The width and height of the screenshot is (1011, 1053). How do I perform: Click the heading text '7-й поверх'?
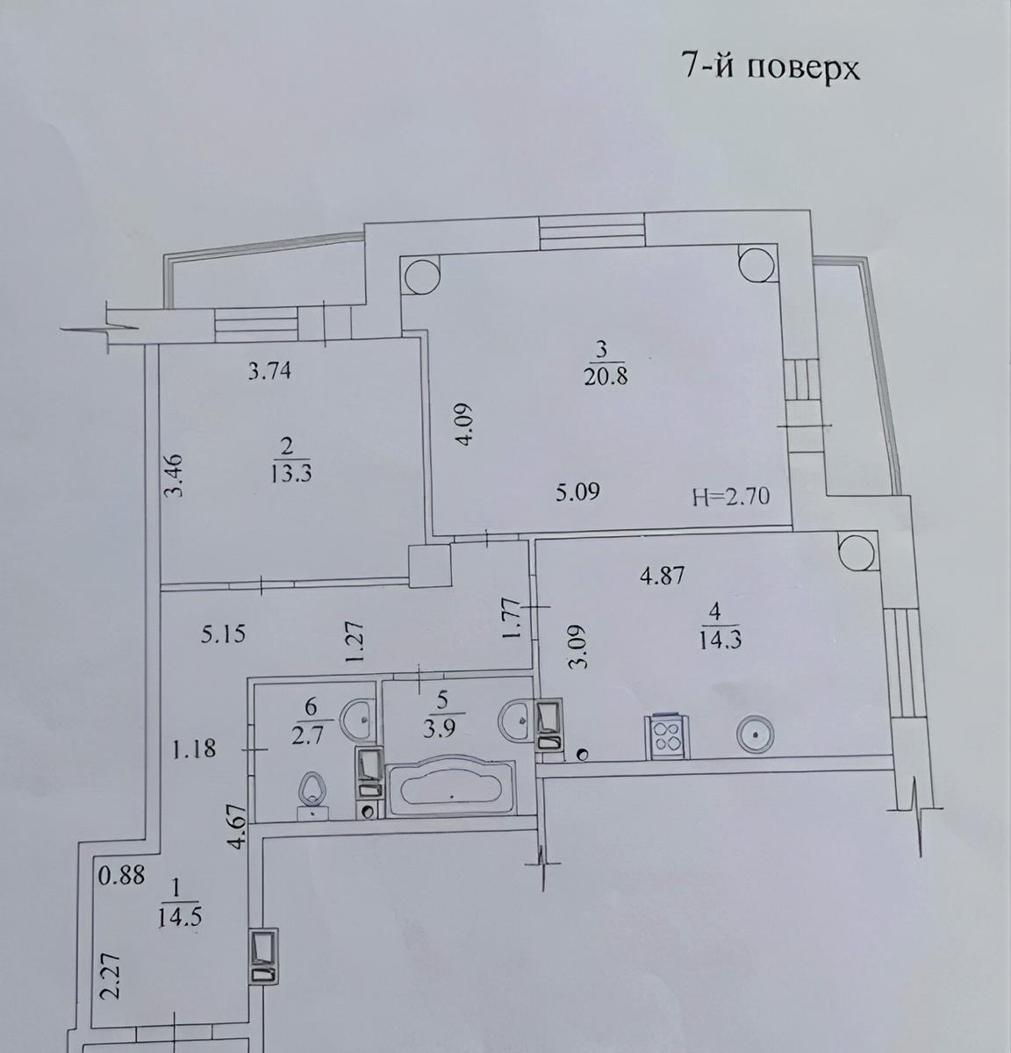click(x=770, y=68)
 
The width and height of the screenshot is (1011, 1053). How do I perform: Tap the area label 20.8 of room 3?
click(x=601, y=378)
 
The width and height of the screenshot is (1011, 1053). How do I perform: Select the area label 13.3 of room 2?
click(x=293, y=474)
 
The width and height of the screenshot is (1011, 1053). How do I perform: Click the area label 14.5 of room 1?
click(x=183, y=916)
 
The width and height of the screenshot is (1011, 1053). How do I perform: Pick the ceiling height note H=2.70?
click(x=730, y=497)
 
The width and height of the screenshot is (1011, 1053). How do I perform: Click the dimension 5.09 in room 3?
click(x=577, y=492)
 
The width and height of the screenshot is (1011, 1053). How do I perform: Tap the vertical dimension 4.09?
click(x=465, y=425)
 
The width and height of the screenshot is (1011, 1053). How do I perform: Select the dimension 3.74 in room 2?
click(x=269, y=372)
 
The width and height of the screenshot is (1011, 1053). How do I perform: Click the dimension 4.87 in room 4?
click(x=662, y=577)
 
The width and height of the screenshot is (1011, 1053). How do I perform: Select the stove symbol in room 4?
click(x=667, y=735)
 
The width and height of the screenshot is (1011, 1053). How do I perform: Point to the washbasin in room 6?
click(x=363, y=719)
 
